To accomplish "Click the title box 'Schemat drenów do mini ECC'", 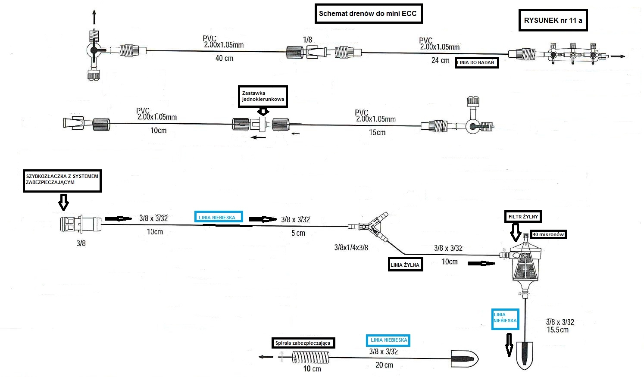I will pos(368,14).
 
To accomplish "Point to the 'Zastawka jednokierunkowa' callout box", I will pos(263,96).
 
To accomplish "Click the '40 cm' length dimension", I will pos(224,58).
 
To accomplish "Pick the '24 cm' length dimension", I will pos(440,60).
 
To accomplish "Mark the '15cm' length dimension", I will pos(377,132).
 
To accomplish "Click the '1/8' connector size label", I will pos(307,40).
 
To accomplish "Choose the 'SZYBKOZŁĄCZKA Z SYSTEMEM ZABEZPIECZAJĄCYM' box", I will pos(62,180).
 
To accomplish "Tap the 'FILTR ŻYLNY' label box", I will pos(523,217).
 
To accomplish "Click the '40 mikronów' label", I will pos(548,234).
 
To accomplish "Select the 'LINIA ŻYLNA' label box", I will pos(405,265).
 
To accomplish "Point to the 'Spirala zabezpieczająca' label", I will pos(304,343).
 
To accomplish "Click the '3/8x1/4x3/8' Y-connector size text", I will pos(351,248).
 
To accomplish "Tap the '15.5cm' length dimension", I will pos(557,330).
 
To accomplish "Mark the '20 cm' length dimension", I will pos(384,365).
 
